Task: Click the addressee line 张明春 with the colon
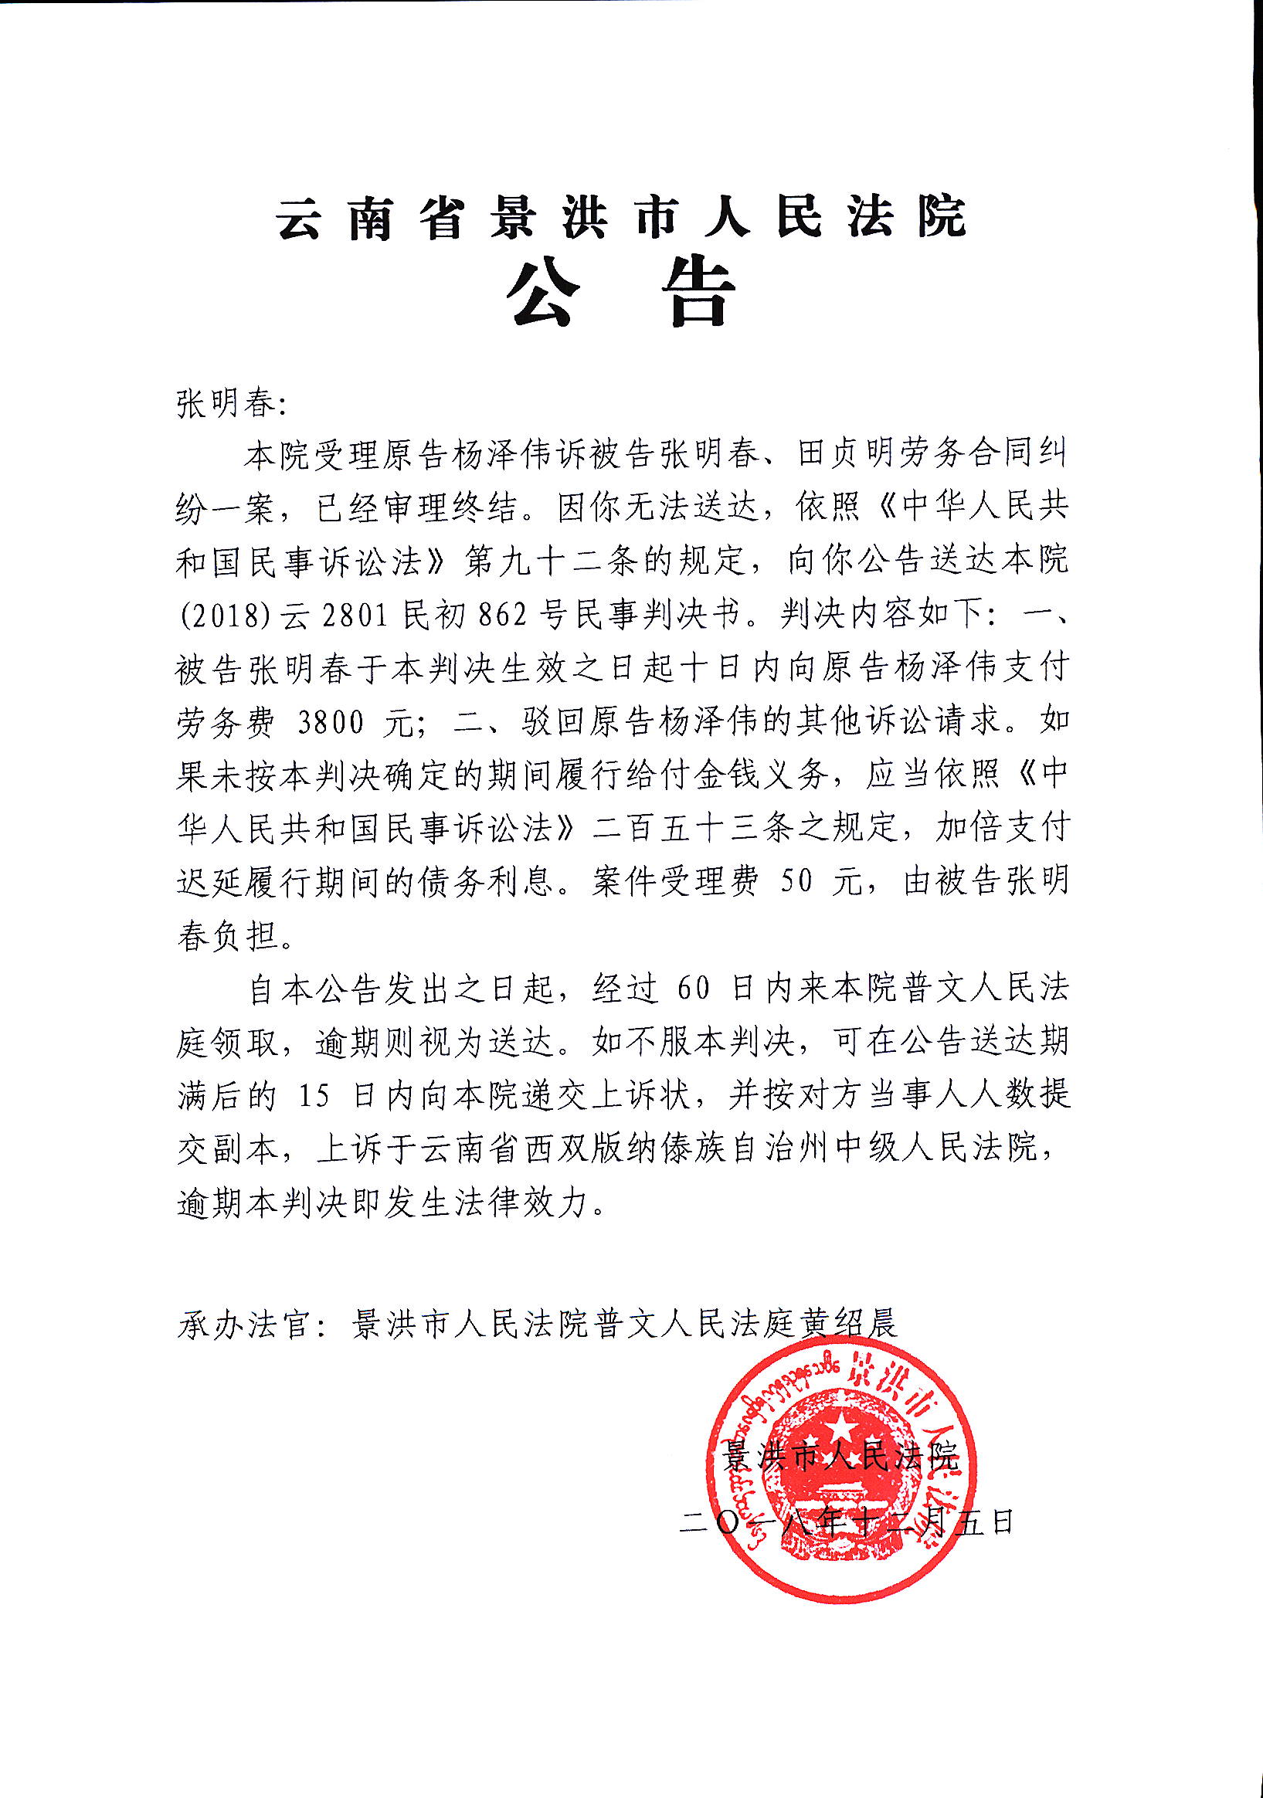click(232, 405)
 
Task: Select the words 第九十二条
click(548, 562)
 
